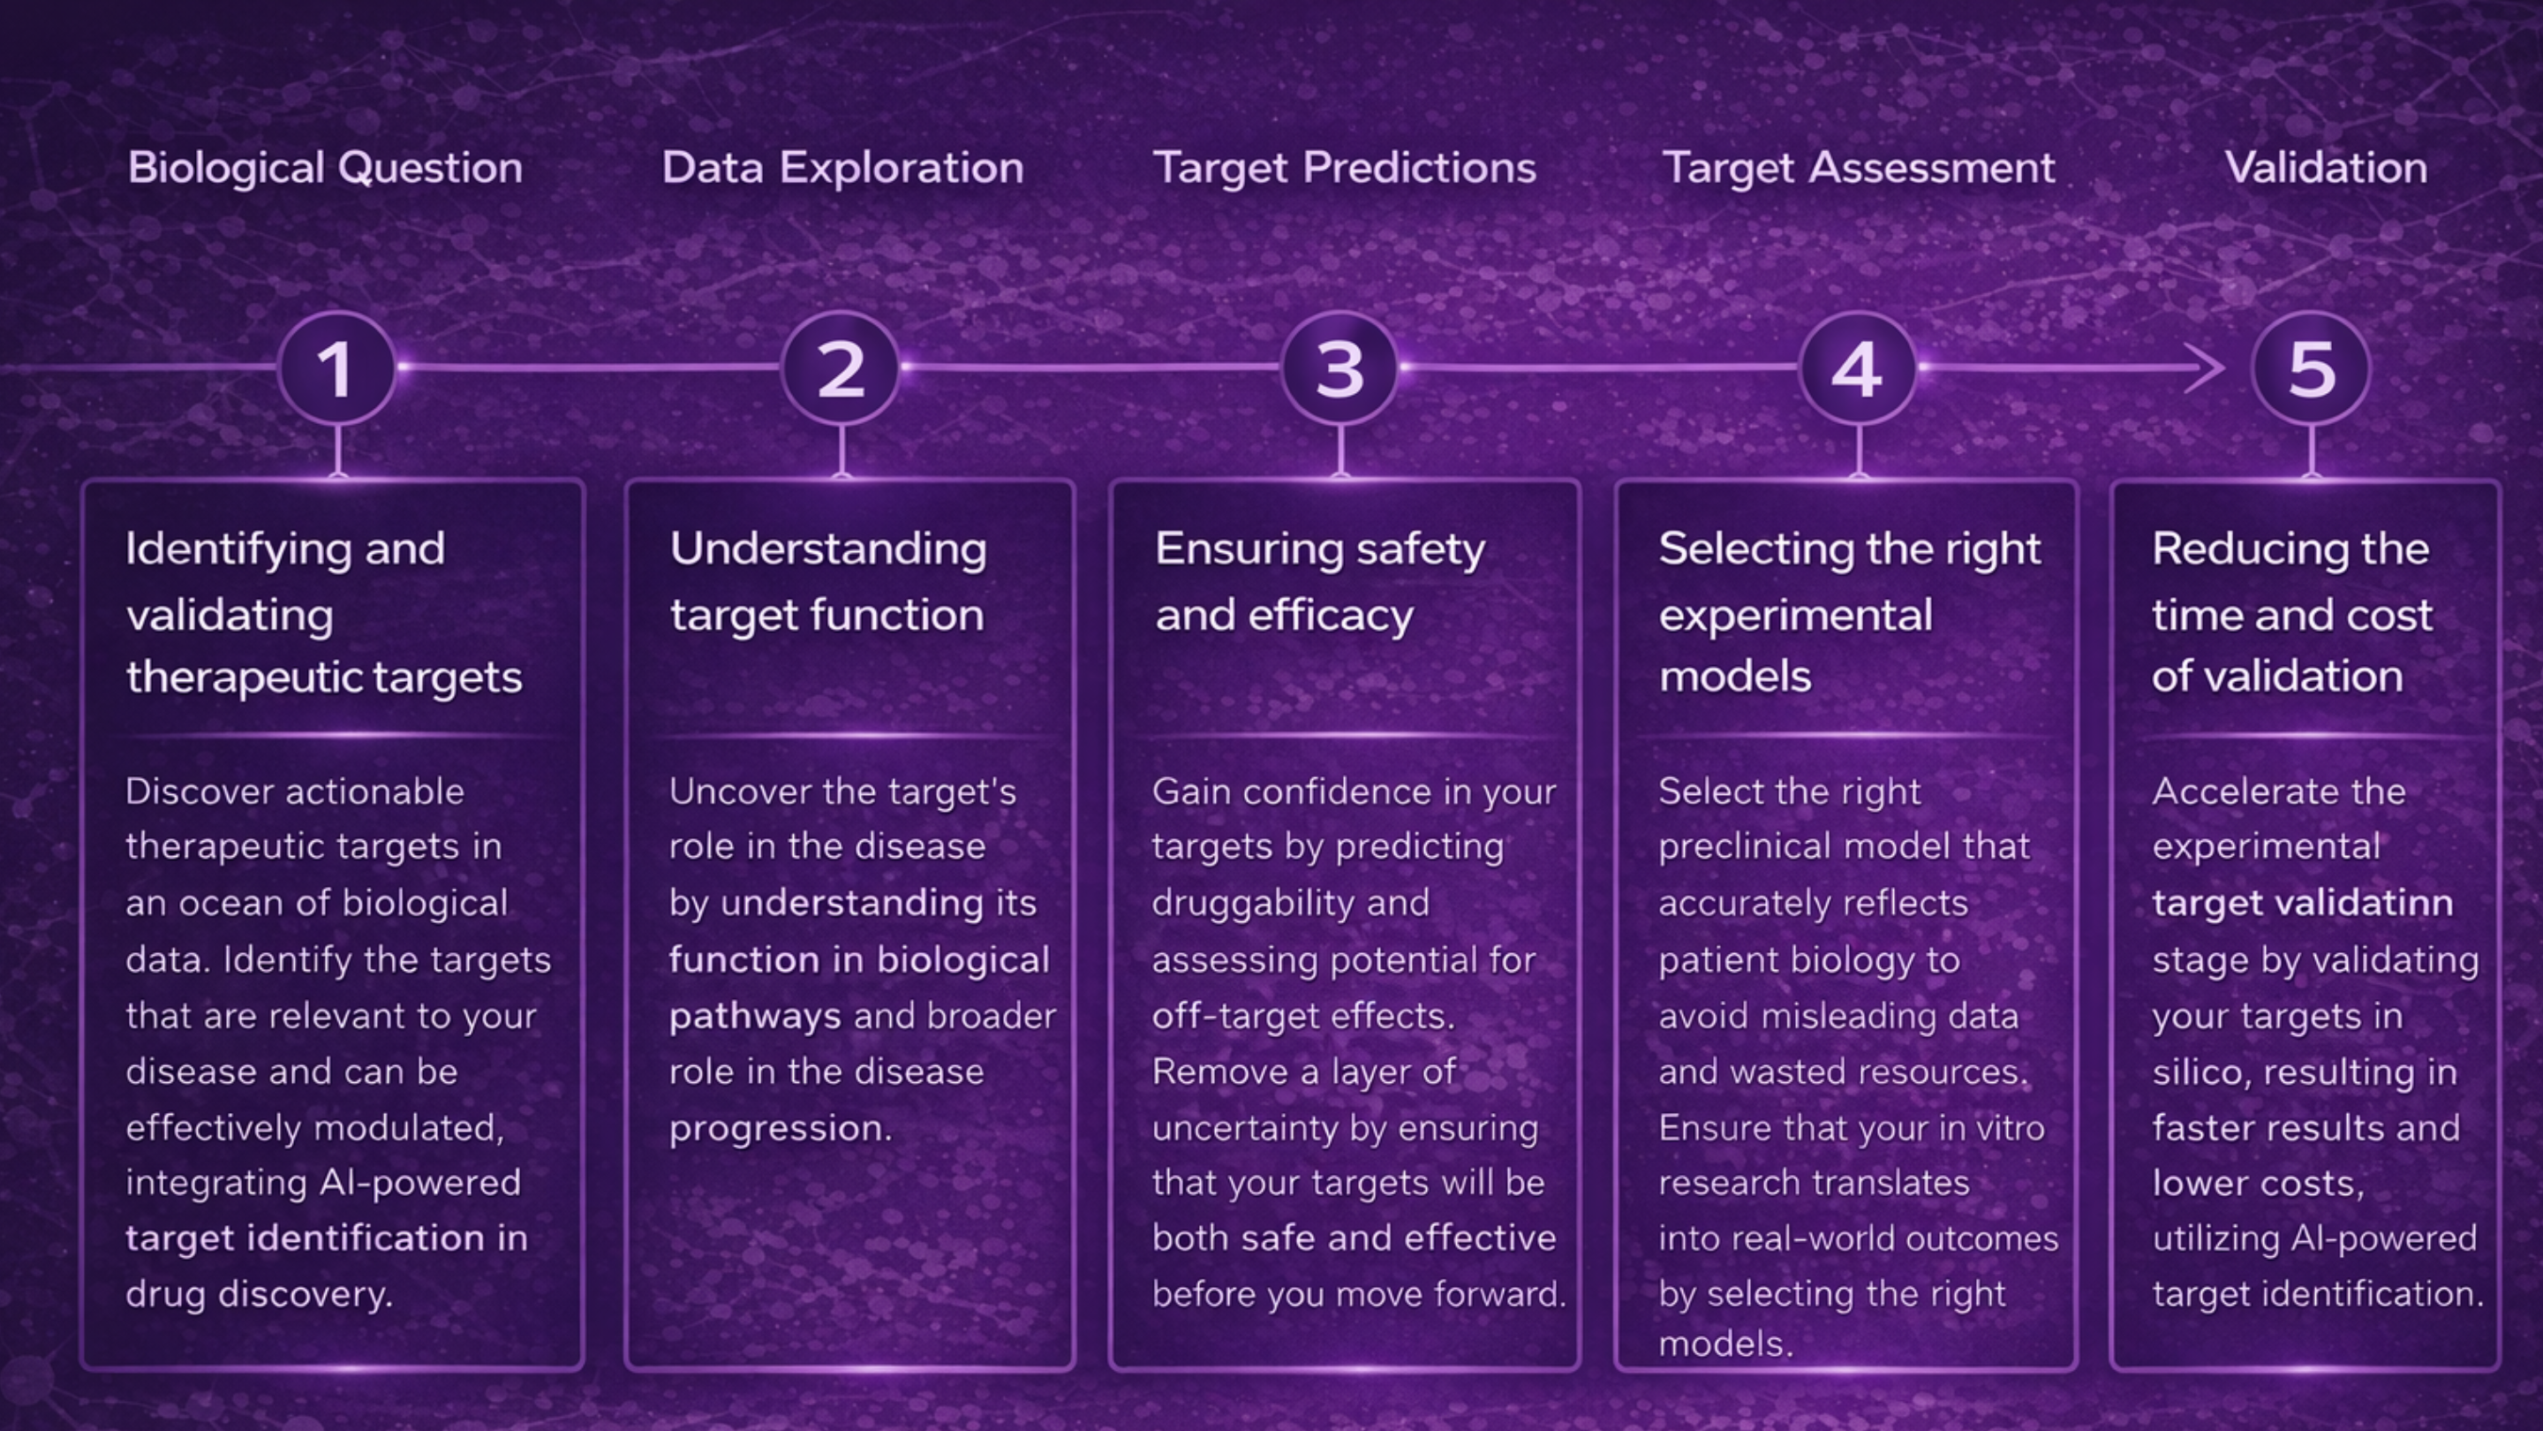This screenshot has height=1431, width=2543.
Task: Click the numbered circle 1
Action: [336, 368]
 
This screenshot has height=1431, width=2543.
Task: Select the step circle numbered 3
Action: [1339, 368]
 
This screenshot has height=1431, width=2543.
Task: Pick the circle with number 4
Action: [1858, 368]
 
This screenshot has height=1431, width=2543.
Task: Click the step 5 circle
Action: [2311, 368]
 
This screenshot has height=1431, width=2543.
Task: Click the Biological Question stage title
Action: [325, 168]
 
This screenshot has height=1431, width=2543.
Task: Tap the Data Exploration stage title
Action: [842, 168]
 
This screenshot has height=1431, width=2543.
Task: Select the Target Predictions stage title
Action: [1345, 168]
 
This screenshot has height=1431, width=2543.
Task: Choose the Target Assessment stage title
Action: [1859, 168]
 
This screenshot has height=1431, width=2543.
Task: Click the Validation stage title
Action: [2326, 168]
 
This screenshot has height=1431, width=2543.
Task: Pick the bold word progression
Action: [780, 1129]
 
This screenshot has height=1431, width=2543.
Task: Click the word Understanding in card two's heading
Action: [828, 551]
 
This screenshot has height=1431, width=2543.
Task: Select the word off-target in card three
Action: [1241, 1016]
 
